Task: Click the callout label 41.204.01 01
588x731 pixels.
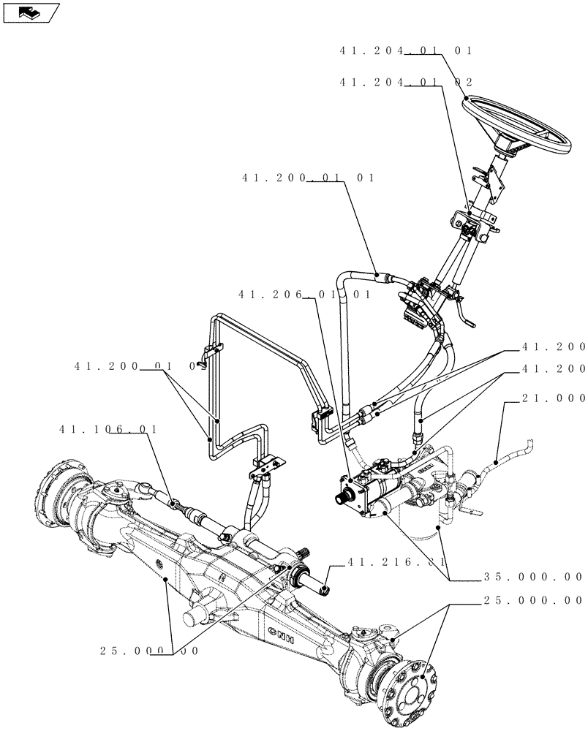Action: tap(406, 51)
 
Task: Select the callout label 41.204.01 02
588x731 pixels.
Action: tap(406, 83)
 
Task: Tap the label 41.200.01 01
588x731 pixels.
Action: tap(307, 178)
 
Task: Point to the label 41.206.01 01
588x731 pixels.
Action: tap(304, 295)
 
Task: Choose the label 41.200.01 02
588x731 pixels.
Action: tap(137, 366)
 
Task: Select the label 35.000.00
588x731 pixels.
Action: tap(533, 576)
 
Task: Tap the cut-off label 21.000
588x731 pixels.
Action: tap(554, 398)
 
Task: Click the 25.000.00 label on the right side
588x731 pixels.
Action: tap(533, 601)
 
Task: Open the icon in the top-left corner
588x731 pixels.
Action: tap(30, 12)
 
